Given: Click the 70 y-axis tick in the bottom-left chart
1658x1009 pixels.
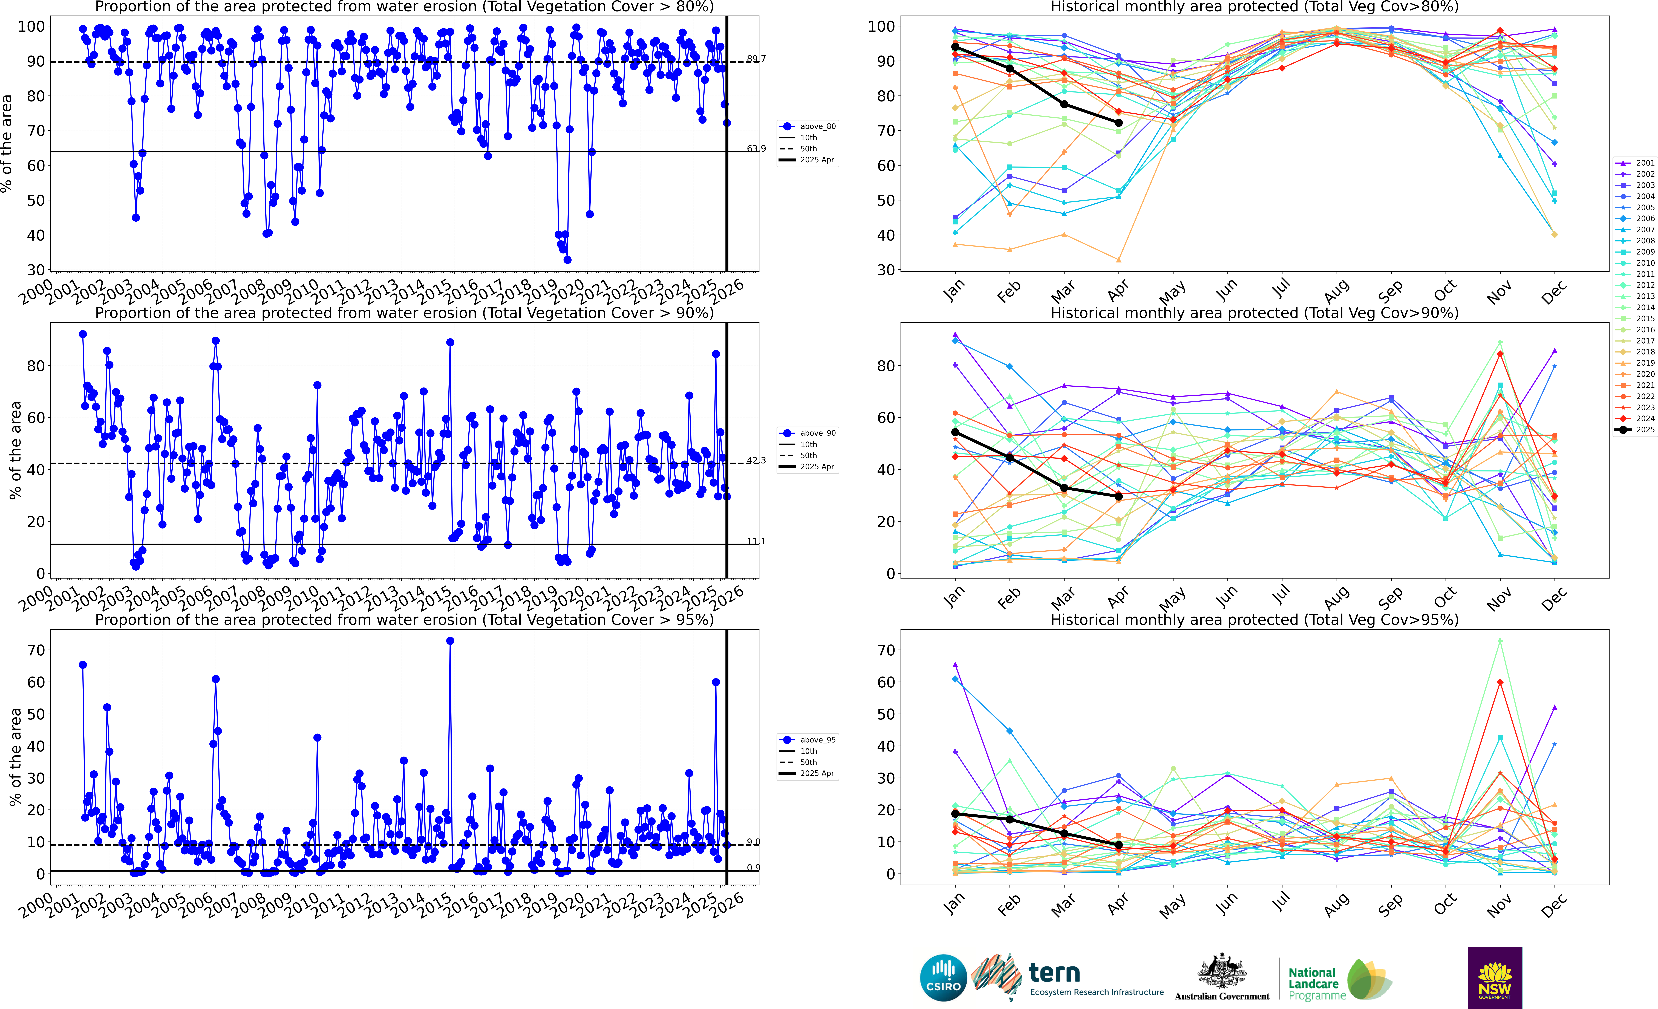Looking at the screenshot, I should coord(36,650).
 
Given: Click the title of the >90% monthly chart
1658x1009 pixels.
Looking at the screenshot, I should coord(1254,313).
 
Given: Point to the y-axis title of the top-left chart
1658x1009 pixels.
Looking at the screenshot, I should coord(7,143).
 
